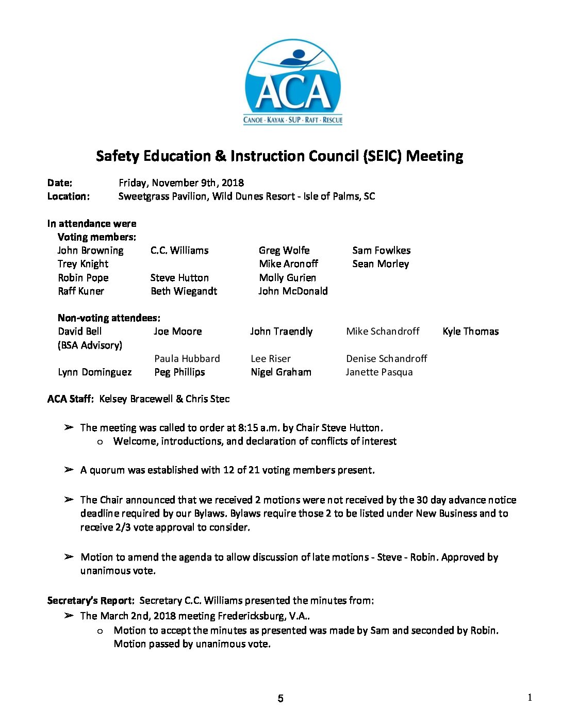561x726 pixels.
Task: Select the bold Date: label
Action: click(x=60, y=183)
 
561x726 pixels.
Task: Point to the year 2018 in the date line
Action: click(x=233, y=183)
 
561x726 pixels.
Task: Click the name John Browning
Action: click(x=90, y=251)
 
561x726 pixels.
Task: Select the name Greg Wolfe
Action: click(x=284, y=251)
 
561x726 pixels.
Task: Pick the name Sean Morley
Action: click(x=381, y=264)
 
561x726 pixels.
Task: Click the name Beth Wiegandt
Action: click(x=184, y=291)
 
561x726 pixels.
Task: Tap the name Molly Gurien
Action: click(x=287, y=278)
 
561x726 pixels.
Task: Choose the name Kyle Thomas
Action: click(x=470, y=332)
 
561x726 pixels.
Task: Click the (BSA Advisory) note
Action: click(x=90, y=345)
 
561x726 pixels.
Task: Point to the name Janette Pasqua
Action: click(x=379, y=372)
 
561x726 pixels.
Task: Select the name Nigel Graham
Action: click(x=281, y=372)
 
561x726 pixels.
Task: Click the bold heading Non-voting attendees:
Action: click(x=109, y=318)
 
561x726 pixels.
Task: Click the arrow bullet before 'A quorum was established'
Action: click(x=69, y=470)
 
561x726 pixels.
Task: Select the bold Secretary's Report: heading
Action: click(x=91, y=601)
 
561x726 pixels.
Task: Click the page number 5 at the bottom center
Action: click(x=280, y=699)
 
